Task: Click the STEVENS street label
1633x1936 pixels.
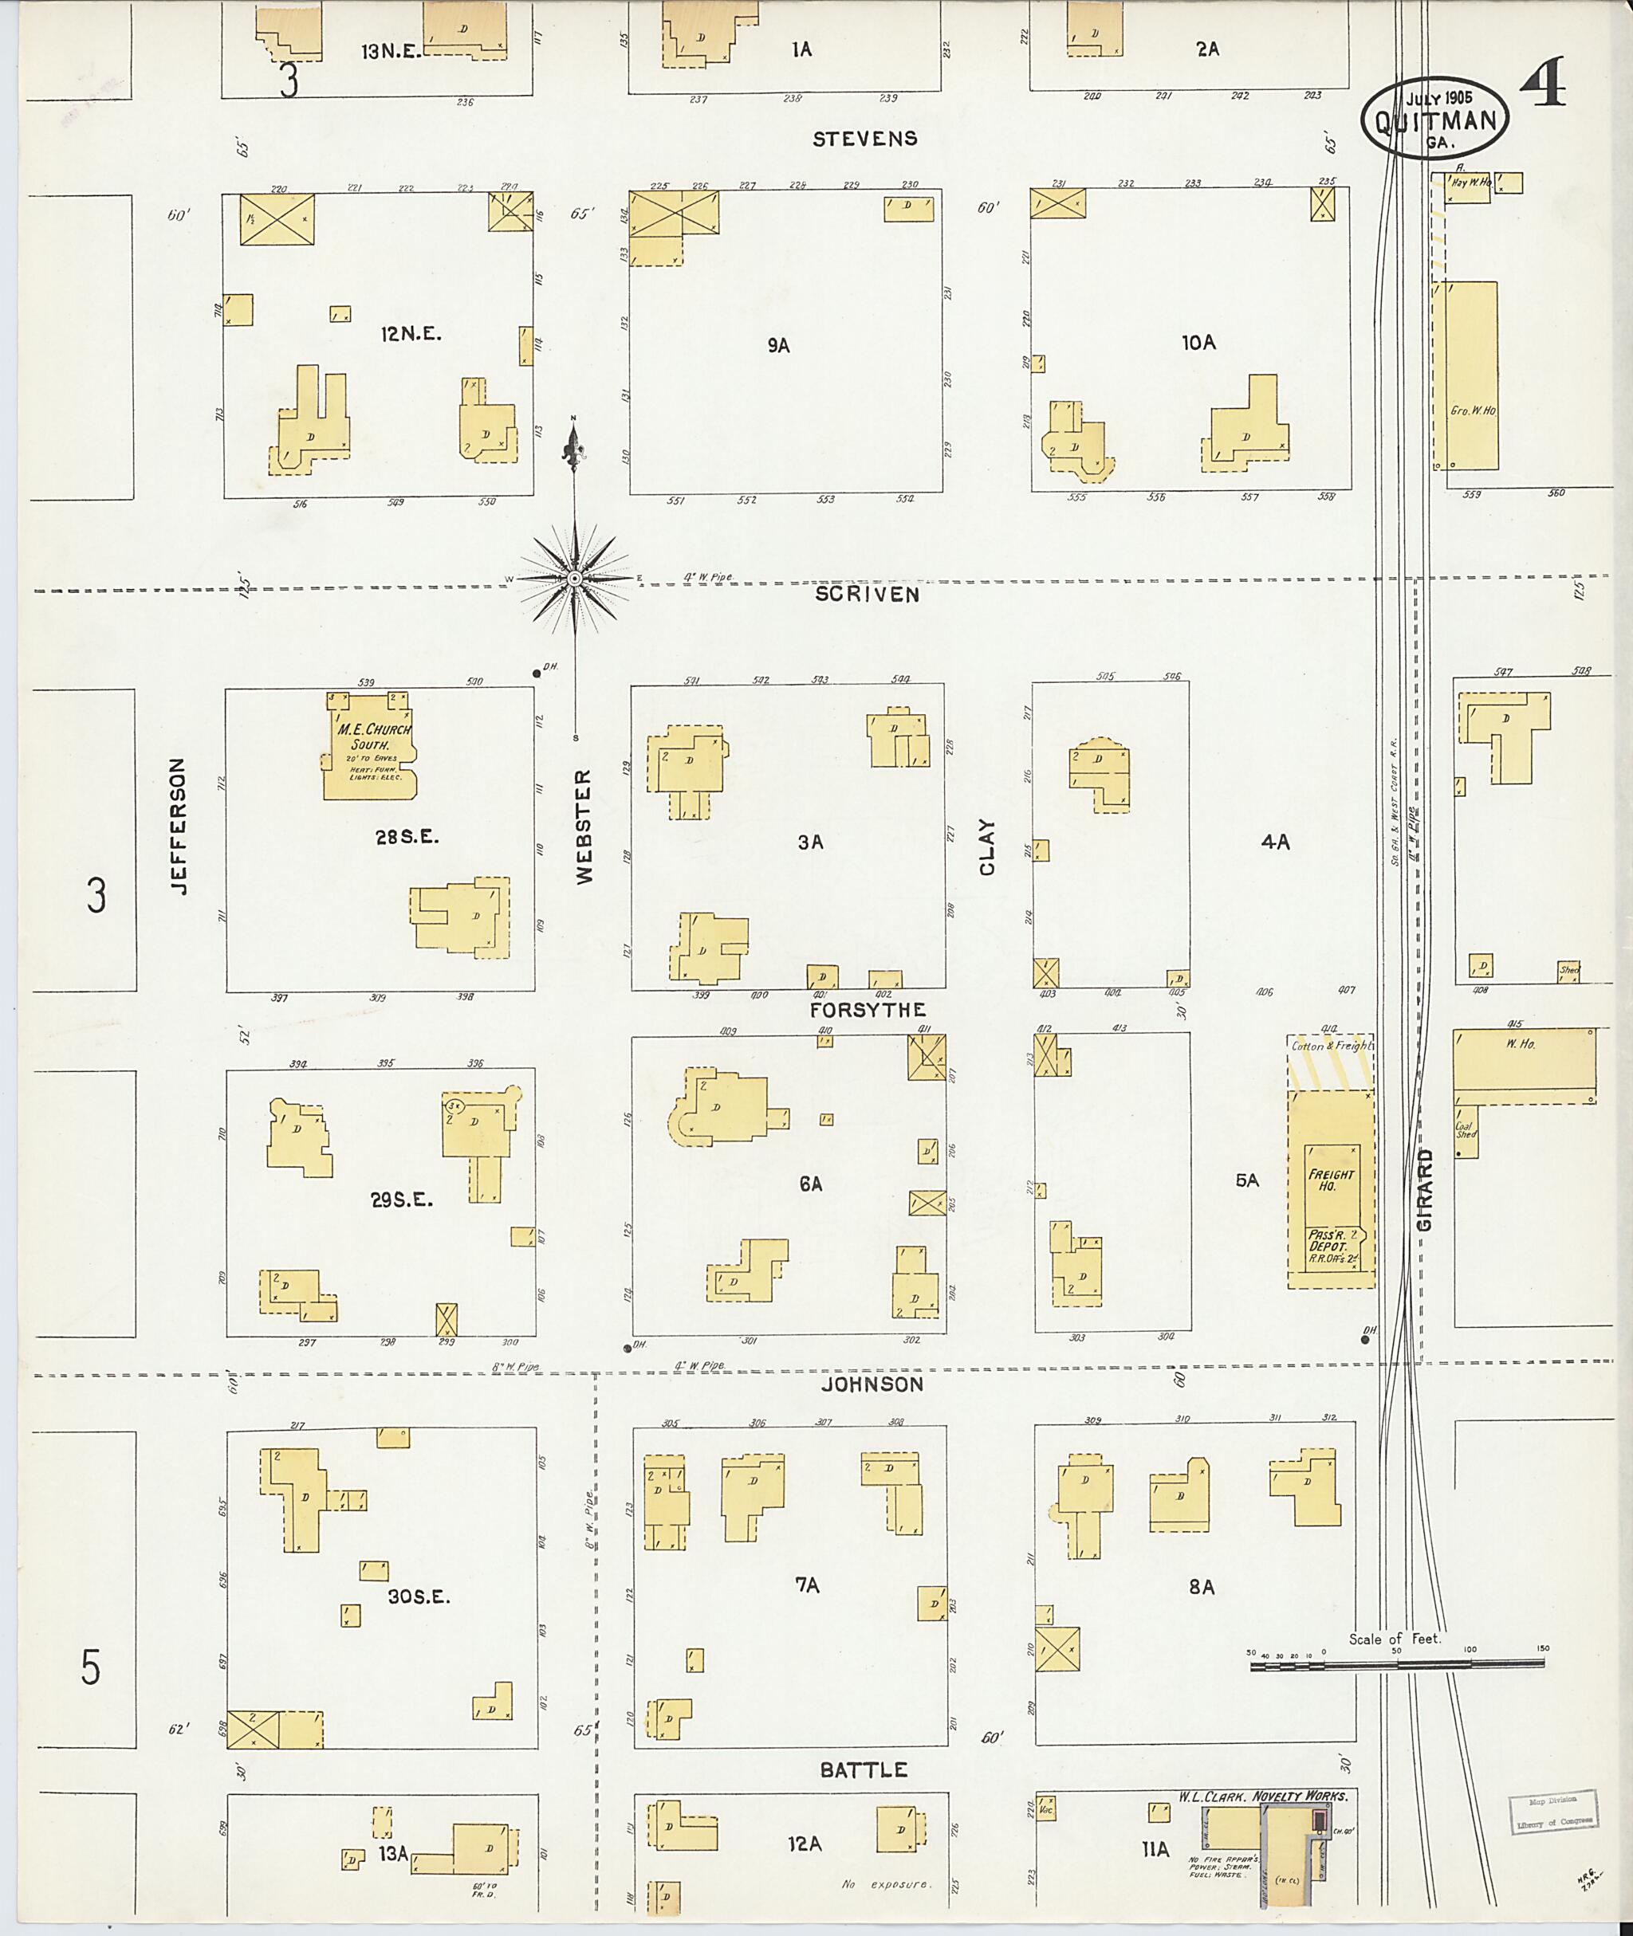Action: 864,139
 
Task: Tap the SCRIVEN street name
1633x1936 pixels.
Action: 868,594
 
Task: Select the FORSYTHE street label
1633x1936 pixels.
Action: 868,1010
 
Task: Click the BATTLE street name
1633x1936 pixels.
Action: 864,1770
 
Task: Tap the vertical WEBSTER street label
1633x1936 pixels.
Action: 584,827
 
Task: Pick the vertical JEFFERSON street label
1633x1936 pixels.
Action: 179,827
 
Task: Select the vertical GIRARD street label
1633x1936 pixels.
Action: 1424,1190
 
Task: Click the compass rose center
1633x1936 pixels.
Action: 574,579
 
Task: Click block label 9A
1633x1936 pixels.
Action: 777,345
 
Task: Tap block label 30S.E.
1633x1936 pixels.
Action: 419,1596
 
